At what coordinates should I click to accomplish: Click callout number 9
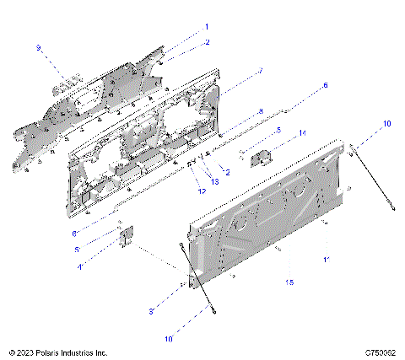[37, 48]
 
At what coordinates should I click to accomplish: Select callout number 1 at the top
[206, 27]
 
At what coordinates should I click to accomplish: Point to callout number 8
[261, 111]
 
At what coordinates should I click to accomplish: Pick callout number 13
[214, 181]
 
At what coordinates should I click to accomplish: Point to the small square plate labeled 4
[128, 239]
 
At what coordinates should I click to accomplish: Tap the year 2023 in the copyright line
[30, 352]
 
